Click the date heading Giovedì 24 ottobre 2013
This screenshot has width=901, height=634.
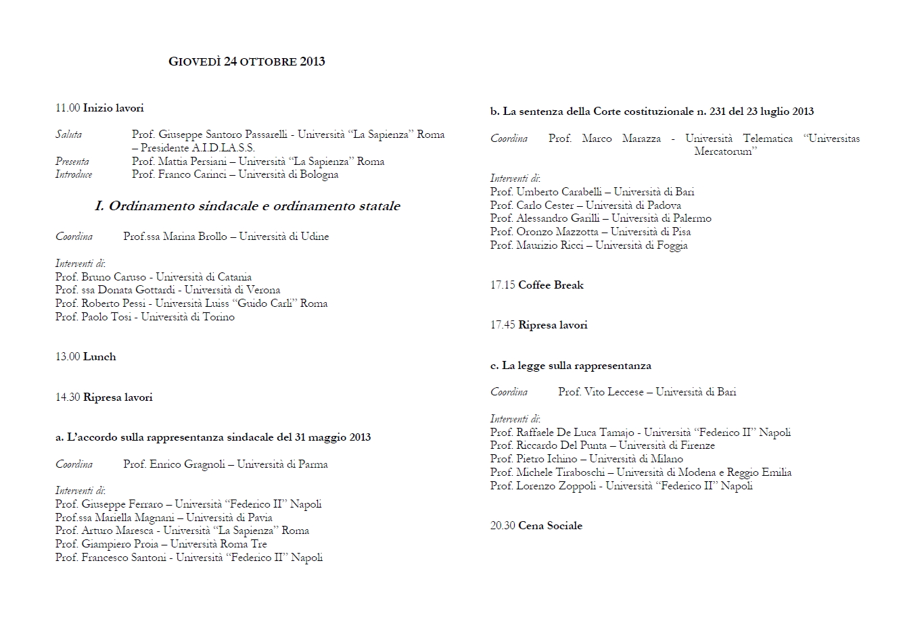click(246, 62)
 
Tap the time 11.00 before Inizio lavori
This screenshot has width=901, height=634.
click(68, 108)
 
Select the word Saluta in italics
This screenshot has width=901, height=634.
click(68, 135)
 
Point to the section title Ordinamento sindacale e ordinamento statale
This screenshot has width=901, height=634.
click(248, 206)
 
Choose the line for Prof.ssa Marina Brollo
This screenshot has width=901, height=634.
click(226, 237)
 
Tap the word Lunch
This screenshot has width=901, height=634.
click(99, 357)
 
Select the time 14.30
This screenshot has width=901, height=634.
click(68, 397)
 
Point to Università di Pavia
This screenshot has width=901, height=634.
click(229, 518)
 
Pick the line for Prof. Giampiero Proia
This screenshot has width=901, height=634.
click(161, 544)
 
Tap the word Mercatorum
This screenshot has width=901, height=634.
click(725, 151)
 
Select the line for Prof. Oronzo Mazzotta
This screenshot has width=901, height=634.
click(591, 232)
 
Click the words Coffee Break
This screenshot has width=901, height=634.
click(551, 285)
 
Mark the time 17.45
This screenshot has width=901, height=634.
click(503, 325)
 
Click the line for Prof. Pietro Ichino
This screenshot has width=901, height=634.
click(586, 459)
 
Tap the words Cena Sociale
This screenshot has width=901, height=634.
click(550, 526)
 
